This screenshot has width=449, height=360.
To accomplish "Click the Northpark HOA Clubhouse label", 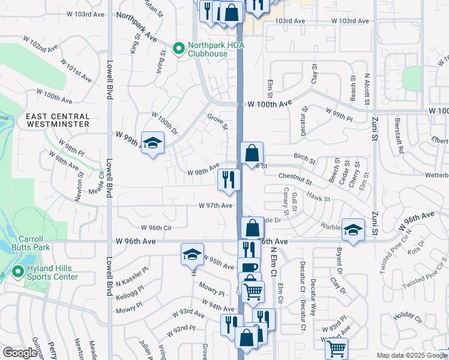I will tap(208, 49).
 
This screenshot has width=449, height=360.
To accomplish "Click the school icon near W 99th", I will tap(153, 143).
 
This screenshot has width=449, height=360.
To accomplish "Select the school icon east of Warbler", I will tap(353, 229).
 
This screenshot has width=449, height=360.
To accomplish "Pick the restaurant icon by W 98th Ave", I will tap(228, 180).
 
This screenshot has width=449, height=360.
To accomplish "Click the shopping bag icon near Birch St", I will tap(252, 154).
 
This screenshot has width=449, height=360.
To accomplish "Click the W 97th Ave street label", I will tap(215, 205).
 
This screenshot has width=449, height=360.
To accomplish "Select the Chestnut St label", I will tap(295, 178).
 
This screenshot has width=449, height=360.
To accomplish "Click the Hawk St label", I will tap(319, 196).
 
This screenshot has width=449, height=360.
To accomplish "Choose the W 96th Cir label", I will tap(156, 227).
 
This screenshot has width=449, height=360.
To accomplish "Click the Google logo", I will tap(19, 353).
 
